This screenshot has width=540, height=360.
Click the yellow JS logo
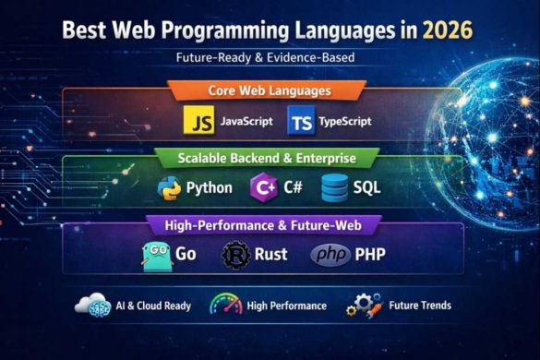199,121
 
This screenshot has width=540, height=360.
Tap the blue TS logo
301,121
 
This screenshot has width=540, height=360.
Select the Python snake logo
168,187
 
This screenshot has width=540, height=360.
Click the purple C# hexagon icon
263,187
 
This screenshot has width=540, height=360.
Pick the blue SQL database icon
334,187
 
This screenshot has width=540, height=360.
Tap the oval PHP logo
330,254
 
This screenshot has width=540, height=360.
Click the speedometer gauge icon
225,305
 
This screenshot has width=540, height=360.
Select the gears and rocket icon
364,305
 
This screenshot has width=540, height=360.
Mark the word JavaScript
246,122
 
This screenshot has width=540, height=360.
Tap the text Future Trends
419,306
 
